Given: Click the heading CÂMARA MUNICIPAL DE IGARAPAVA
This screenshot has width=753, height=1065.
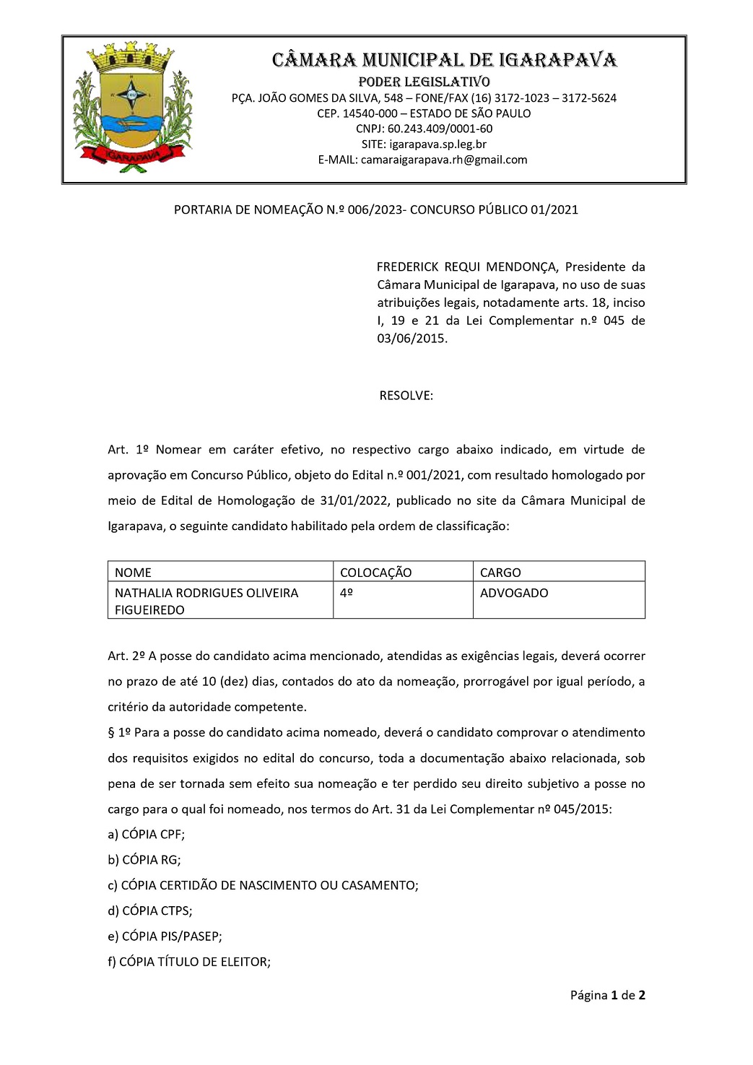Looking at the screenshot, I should coord(444,60).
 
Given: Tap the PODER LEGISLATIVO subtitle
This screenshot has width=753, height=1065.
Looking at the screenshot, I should coord(424,82).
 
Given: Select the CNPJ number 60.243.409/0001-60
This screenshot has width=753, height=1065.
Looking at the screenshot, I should coord(440,129).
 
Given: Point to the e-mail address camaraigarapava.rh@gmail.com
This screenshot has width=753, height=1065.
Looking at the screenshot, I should coord(444,160).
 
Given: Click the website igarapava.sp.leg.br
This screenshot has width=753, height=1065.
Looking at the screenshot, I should coord(438,144).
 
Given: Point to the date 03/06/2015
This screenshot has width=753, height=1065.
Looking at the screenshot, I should coord(412,339).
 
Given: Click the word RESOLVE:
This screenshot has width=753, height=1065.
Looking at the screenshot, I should coord(406,396).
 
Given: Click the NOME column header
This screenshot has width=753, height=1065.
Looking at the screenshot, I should coord(133,573).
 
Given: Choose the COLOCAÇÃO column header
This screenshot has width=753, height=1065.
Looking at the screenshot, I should coord(375,573).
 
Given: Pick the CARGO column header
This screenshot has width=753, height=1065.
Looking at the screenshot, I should coord(500,573).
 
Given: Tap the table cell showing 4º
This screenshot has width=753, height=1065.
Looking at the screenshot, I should coord(347,593).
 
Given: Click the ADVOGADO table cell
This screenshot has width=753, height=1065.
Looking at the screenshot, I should coord(514,593).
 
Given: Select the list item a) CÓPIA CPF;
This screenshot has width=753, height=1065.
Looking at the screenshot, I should coord(147,835).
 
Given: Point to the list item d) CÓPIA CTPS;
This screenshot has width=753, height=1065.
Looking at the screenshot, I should coord(150,911).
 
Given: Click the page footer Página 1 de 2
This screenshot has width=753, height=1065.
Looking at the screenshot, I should coord(607,996).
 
